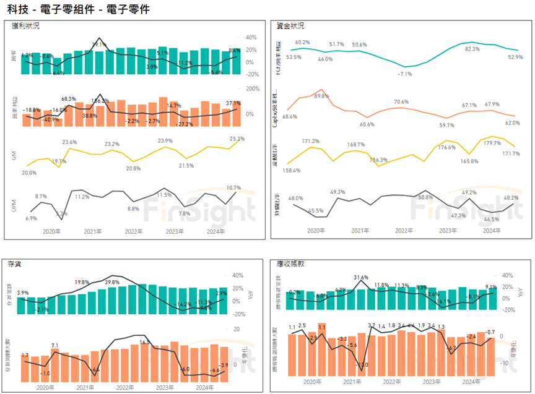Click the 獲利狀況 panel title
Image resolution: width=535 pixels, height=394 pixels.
point(27,26)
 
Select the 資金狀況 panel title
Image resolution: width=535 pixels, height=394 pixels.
point(291,26)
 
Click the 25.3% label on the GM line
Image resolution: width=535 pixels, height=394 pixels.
point(237,139)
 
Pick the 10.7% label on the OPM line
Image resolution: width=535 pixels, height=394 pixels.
point(234,187)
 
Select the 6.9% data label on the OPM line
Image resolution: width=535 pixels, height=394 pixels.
point(32,218)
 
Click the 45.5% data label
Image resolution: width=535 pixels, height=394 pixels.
point(316,211)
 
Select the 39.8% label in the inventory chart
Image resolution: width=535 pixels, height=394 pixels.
point(112,282)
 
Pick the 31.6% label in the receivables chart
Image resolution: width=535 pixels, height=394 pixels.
point(360,278)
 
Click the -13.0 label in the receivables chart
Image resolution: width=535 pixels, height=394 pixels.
point(360,365)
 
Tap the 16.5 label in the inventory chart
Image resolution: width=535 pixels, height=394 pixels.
point(145,342)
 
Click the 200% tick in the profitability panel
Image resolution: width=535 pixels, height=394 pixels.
point(253,88)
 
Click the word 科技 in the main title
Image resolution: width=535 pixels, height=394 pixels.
point(16,9)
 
